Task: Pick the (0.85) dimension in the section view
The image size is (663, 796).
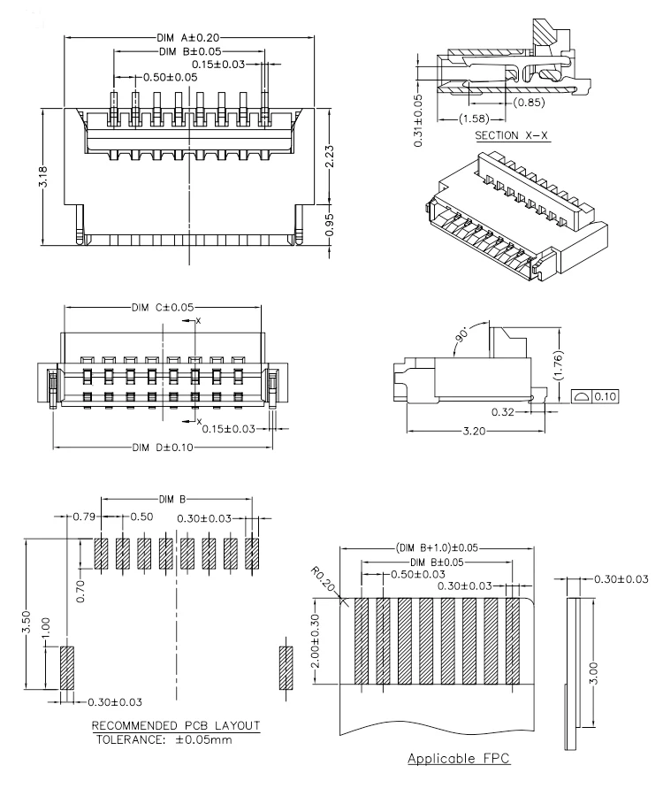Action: coord(530,102)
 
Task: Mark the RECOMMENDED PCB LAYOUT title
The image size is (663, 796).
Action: coord(175,726)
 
